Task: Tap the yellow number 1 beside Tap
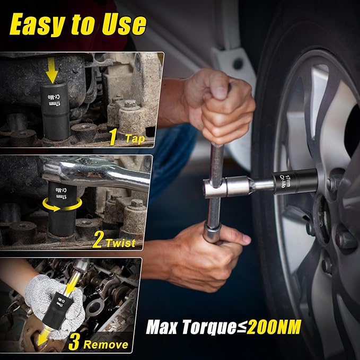[113, 137]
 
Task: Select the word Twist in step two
[120, 243]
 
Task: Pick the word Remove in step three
[106, 345]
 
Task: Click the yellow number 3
[74, 341]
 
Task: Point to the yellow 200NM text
[274, 327]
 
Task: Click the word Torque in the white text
[209, 328]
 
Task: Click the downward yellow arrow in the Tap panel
[52, 71]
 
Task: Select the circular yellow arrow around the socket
[62, 205]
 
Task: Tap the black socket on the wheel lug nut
[295, 182]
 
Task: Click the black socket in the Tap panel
[56, 111]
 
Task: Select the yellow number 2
[98, 240]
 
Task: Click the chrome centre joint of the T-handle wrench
[215, 188]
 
